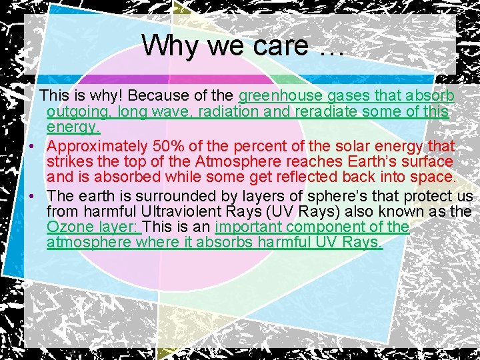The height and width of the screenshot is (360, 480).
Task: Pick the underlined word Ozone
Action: tap(69, 227)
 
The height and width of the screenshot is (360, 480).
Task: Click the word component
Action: tap(329, 227)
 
